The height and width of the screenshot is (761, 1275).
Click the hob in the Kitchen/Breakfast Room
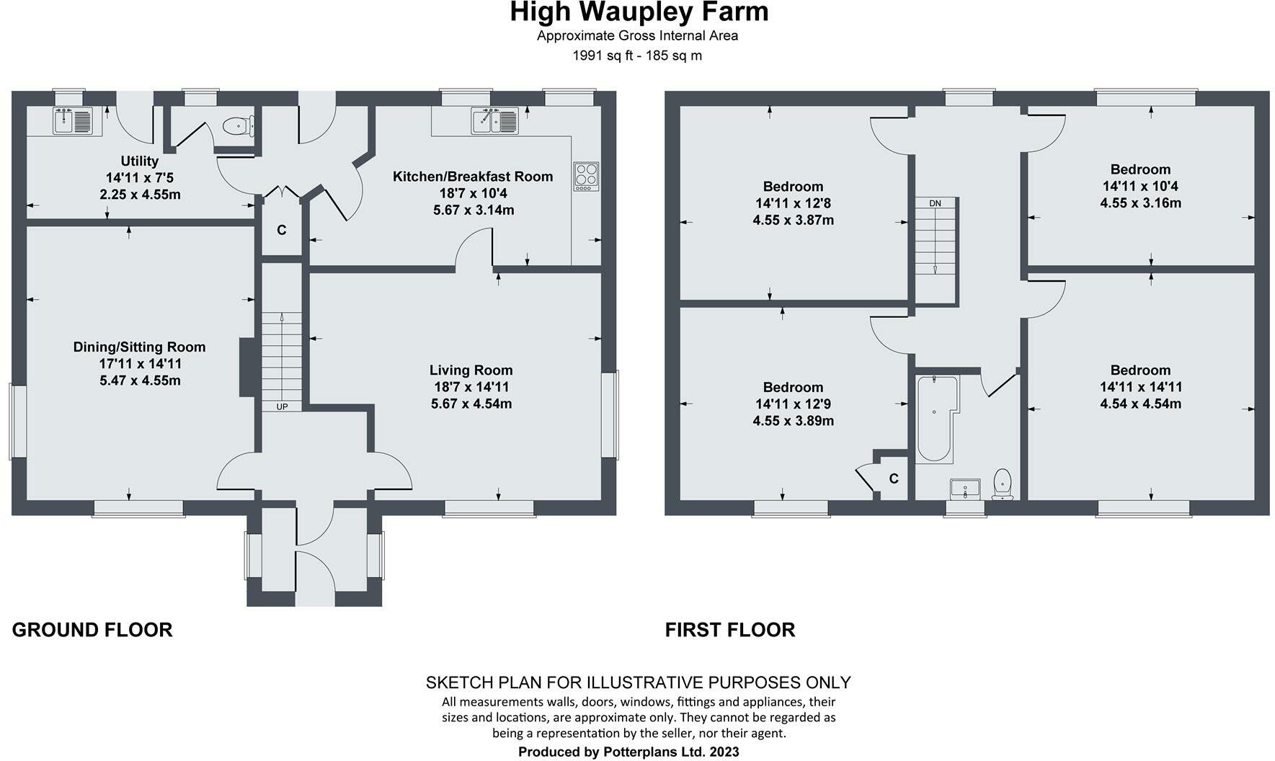click(585, 177)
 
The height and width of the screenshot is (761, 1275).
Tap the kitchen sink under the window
click(494, 120)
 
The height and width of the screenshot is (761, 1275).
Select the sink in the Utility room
click(73, 120)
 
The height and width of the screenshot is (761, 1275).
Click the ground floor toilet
click(238, 127)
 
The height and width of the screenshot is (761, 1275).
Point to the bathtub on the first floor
click(935, 419)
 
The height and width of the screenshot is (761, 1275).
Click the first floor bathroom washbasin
click(965, 489)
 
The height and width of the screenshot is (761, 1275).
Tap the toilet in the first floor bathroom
click(1003, 484)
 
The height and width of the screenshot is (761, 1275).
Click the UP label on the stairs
click(282, 406)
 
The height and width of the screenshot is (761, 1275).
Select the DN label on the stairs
click(935, 203)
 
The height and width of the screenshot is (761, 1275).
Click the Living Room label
click(471, 370)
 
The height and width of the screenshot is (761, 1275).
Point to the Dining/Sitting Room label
click(139, 347)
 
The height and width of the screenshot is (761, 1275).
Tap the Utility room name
click(139, 161)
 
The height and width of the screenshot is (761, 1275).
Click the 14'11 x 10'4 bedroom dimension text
click(1140, 186)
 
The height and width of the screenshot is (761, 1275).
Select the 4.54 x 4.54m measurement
click(1140, 404)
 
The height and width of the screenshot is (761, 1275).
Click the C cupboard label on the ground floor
click(282, 230)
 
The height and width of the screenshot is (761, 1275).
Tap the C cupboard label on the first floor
click(894, 479)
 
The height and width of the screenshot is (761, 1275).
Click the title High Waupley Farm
click(639, 12)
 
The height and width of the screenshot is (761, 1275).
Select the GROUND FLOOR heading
click(92, 630)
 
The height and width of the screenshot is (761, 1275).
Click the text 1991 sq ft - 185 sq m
click(636, 55)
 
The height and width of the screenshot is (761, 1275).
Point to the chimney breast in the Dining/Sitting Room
click(246, 368)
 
